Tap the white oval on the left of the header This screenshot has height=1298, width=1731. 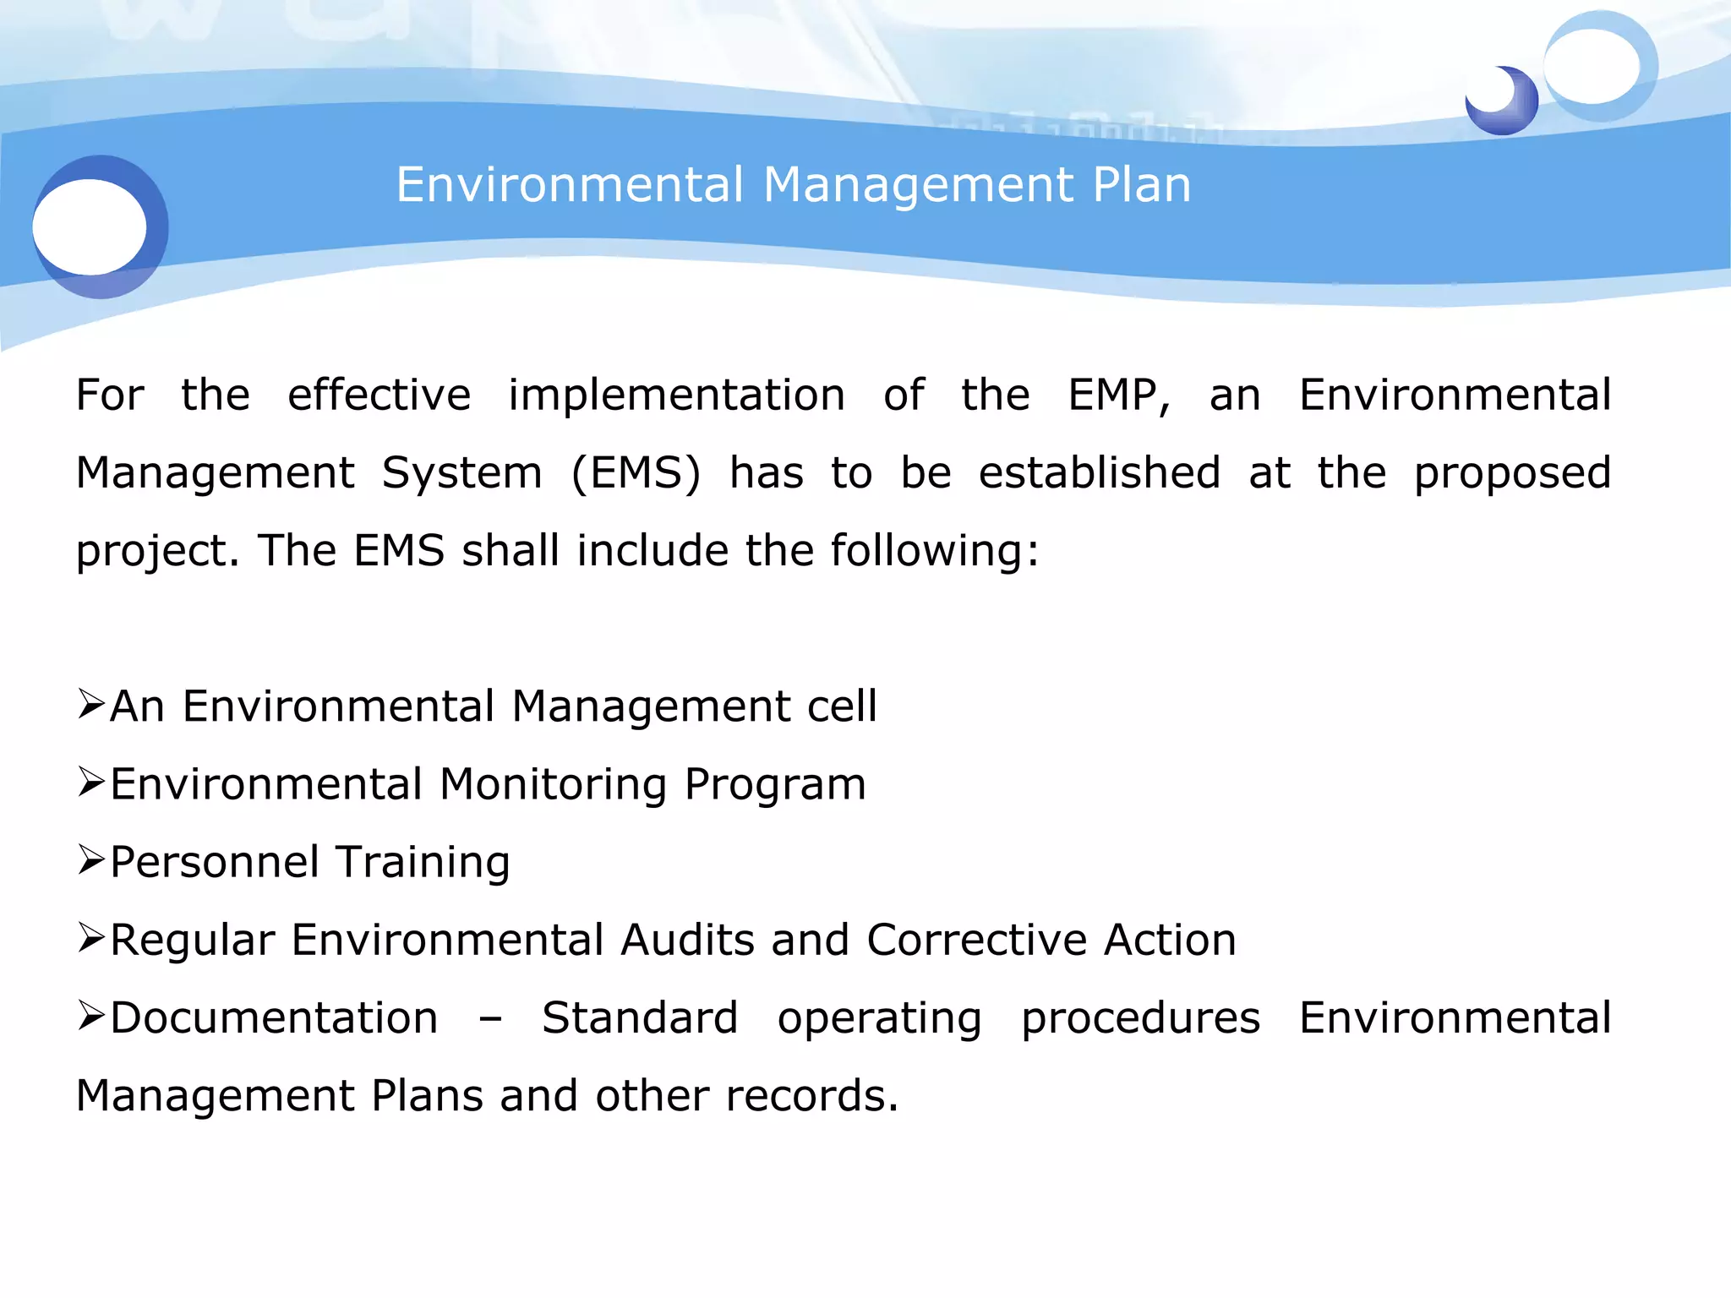tap(90, 226)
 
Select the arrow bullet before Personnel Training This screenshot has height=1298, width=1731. tap(90, 860)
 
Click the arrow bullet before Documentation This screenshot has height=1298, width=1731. tap(90, 1016)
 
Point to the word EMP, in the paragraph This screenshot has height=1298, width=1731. tap(1119, 395)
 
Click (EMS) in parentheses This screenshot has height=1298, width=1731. tap(636, 473)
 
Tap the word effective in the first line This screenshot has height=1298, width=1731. tap(379, 395)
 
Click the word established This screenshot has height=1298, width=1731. tap(1100, 473)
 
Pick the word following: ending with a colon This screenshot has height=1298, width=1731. tap(935, 551)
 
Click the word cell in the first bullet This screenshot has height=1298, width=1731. tap(842, 706)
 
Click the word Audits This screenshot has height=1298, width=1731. tap(687, 940)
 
